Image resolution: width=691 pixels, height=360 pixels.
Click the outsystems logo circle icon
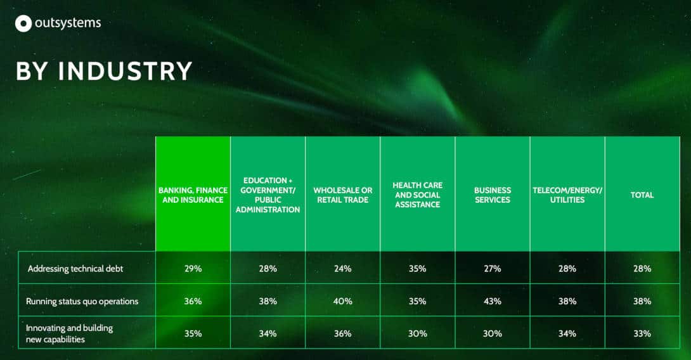tap(23, 23)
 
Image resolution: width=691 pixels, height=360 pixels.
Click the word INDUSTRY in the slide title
tap(125, 71)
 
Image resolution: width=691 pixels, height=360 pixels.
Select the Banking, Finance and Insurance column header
tap(193, 195)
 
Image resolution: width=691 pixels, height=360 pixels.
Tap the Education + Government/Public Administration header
tap(268, 195)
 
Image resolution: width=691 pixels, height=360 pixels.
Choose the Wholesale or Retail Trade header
tap(343, 195)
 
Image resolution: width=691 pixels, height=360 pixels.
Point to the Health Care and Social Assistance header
tap(417, 195)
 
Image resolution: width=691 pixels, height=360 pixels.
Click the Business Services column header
tap(492, 195)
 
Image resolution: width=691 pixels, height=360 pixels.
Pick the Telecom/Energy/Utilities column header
tap(567, 195)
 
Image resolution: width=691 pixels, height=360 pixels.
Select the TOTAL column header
tap(642, 195)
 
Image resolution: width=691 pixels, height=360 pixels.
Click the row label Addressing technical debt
tap(75, 268)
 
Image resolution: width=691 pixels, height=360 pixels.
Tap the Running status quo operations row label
tap(82, 302)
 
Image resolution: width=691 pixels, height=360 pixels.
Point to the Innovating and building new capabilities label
tap(69, 333)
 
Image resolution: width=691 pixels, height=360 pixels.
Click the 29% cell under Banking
tap(193, 268)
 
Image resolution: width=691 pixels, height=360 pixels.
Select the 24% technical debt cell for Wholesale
tap(343, 268)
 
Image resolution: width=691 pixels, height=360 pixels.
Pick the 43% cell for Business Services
tap(492, 302)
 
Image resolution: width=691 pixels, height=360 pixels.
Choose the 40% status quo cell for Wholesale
tap(343, 302)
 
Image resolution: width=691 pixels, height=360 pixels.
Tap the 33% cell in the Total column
tap(642, 333)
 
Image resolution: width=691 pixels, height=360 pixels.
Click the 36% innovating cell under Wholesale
tap(343, 333)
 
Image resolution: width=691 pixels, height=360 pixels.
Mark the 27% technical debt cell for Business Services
tap(492, 268)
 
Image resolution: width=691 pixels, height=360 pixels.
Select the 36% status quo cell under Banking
tap(193, 302)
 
